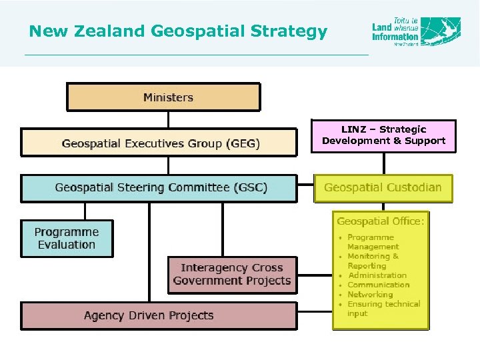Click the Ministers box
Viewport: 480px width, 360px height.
tap(163, 97)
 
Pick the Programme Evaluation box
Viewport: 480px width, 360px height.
tap(67, 239)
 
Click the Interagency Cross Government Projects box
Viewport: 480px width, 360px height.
tap(231, 275)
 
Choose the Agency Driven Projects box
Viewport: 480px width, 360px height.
tap(159, 315)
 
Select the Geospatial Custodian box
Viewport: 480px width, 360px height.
tap(383, 188)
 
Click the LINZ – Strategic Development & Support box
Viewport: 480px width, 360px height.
tap(383, 135)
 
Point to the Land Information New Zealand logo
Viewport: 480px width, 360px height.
tap(416, 31)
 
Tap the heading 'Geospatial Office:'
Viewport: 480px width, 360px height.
tap(381, 221)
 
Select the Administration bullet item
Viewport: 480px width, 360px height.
tap(377, 275)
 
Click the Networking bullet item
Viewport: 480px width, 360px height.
tap(370, 295)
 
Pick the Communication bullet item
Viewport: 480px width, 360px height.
tap(378, 285)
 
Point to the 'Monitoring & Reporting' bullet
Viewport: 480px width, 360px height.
tap(373, 261)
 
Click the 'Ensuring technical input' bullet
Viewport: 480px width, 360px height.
tap(383, 309)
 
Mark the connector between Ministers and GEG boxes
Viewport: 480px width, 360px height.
tap(169, 119)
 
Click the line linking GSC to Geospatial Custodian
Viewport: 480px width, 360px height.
tap(305, 182)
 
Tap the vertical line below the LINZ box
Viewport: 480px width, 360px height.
tap(383, 163)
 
